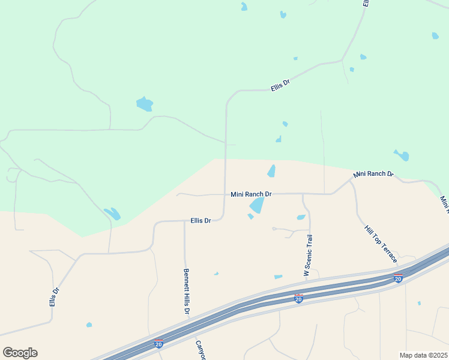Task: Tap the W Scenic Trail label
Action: tap(308, 255)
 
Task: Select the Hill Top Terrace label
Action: tap(381, 244)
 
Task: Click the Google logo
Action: tap(20, 353)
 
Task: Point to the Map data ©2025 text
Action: tap(423, 355)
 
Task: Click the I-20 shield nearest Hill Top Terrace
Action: tap(398, 278)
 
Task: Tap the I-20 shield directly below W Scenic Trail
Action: tap(298, 298)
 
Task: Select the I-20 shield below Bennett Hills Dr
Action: tap(158, 343)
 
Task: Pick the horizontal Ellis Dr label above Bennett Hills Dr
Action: tap(200, 221)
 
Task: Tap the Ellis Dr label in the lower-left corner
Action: tap(55, 298)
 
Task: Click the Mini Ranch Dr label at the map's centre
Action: tap(252, 194)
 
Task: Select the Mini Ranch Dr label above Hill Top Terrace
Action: tap(373, 174)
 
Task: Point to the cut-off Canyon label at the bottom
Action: tap(200, 351)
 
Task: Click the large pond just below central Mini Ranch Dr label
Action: tap(257, 206)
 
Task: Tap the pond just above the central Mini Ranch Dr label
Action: tap(271, 171)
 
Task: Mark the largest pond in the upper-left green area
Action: tap(144, 104)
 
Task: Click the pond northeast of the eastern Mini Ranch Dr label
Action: tap(402, 155)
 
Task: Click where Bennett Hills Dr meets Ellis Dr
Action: tap(184, 221)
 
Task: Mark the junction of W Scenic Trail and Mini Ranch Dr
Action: tap(303, 194)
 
